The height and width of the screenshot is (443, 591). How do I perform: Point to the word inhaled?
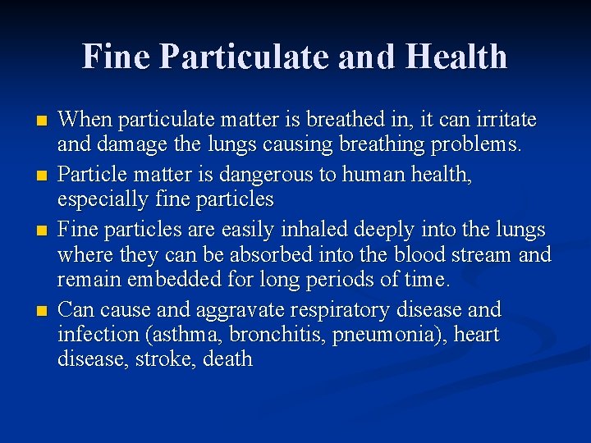pyautogui.click(x=312, y=229)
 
